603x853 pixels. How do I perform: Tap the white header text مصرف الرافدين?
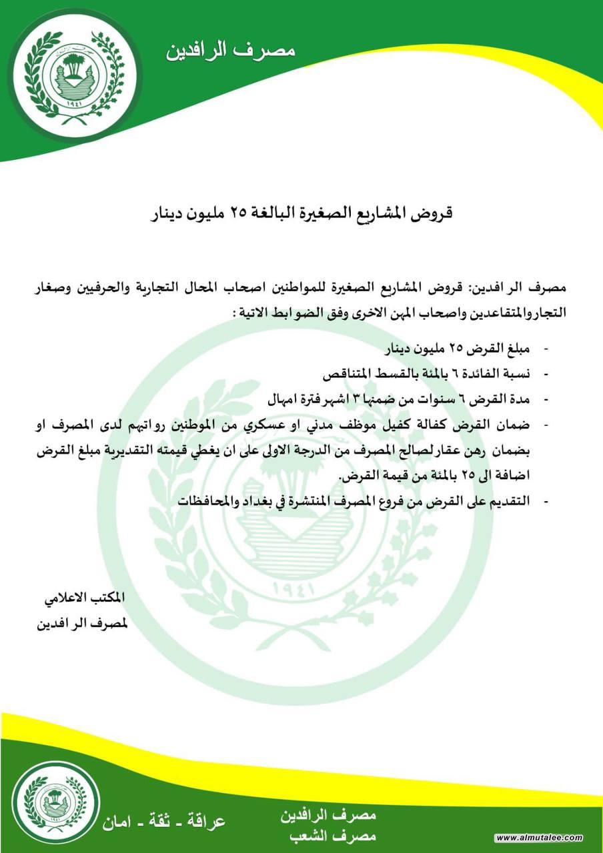click(x=231, y=50)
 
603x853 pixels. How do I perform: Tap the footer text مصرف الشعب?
click(x=328, y=836)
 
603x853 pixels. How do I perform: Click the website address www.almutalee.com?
click(x=540, y=838)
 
